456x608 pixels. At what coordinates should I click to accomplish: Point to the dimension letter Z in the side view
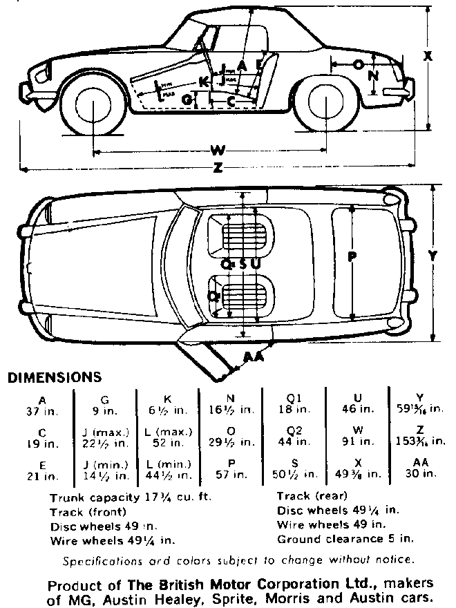[x=219, y=168]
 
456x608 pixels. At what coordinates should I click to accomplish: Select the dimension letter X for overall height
[x=428, y=57]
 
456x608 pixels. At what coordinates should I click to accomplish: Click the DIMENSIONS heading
[x=54, y=377]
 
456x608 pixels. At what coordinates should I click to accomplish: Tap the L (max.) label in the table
[x=168, y=432]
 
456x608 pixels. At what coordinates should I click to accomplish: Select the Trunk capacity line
[x=131, y=497]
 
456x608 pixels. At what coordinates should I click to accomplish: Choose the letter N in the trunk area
[x=373, y=76]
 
